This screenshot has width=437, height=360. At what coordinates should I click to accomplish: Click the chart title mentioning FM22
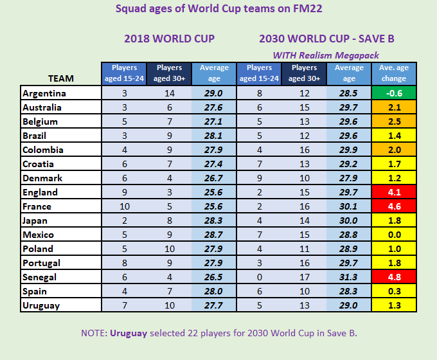click(219, 9)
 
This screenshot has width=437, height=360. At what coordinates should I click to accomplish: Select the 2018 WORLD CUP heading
click(169, 39)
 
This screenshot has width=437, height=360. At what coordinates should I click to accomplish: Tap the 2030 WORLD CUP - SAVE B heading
click(326, 39)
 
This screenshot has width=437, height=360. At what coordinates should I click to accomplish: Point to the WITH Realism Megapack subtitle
click(326, 55)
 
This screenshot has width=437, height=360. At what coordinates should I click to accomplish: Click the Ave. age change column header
click(394, 73)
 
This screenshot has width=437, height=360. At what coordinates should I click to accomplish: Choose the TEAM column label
click(61, 78)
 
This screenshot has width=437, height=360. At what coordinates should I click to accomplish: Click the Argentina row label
click(44, 93)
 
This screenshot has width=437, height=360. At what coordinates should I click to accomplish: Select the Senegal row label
click(40, 277)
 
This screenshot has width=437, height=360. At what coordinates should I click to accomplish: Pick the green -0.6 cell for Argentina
click(394, 93)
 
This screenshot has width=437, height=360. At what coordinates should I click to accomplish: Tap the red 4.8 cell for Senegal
click(394, 277)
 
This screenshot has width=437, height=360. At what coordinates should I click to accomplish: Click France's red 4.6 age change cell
click(394, 206)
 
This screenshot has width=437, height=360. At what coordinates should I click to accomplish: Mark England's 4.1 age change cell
click(394, 192)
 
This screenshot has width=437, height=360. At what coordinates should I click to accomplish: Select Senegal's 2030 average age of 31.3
click(349, 277)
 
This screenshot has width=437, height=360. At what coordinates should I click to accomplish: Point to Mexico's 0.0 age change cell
click(394, 235)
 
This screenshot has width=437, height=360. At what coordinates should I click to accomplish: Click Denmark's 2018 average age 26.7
click(214, 178)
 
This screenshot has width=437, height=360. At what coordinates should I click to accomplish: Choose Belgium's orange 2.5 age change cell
click(394, 122)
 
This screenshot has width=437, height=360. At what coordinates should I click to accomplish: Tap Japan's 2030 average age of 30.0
click(349, 221)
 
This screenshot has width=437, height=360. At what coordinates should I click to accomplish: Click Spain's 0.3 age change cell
click(394, 291)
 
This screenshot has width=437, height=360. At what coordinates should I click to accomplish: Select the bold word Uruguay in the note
click(131, 333)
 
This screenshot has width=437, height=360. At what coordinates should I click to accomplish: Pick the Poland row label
click(38, 249)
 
